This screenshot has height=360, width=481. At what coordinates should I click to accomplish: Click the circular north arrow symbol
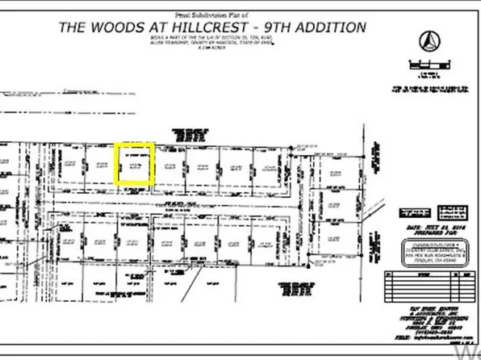(x=429, y=39)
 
